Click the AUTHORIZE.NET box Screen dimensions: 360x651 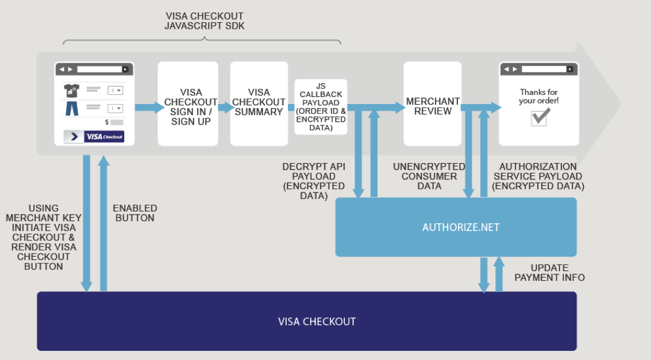coord(455,227)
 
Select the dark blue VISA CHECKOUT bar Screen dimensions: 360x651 coord(307,321)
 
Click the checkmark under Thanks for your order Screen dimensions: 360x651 coord(540,117)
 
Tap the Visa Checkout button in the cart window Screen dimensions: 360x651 coord(103,136)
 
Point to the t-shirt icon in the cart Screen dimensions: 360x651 coord(71,90)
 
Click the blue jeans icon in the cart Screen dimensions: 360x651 coord(71,108)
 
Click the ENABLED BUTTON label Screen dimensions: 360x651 coord(135,213)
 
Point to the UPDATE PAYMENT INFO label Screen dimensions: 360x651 coord(550,273)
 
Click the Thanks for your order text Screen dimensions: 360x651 coord(539,96)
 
